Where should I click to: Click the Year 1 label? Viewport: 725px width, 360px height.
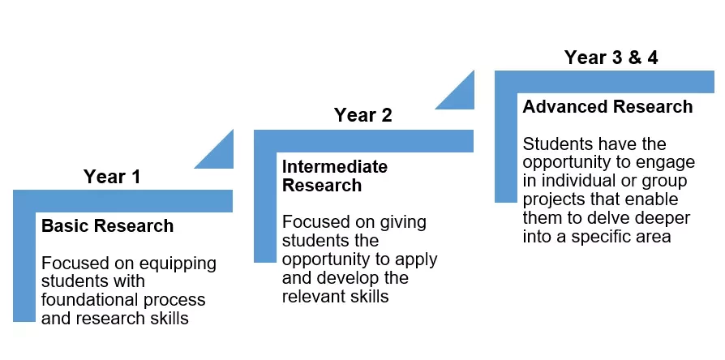tap(111, 177)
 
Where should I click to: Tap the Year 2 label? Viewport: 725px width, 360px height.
tap(363, 115)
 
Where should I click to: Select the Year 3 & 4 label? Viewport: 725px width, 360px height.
tap(611, 58)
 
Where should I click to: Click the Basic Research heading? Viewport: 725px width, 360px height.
tap(107, 226)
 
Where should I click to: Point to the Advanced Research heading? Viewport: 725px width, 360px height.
tap(607, 107)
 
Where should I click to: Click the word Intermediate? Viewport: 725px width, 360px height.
tap(335, 166)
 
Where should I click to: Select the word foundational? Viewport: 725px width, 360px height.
tap(87, 299)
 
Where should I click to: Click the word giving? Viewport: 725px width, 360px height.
tap(403, 223)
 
